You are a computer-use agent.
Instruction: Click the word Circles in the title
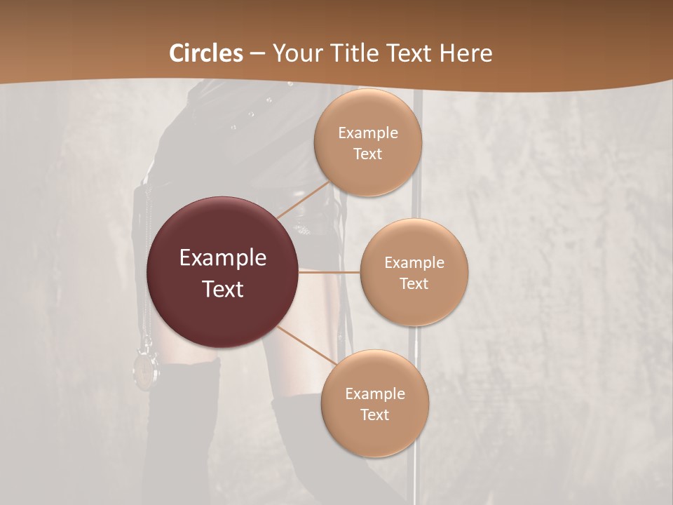tap(206, 53)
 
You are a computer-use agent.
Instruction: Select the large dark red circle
tap(223, 272)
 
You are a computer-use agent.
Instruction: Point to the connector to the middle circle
tap(329, 272)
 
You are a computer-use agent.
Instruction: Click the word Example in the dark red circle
tap(223, 258)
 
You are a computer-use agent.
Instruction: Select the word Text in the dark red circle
tap(223, 288)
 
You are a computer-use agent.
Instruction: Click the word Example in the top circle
tap(368, 133)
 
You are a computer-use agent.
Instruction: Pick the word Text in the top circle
tap(368, 154)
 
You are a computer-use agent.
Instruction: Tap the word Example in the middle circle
tap(414, 262)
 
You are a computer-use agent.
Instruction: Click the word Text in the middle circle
tap(414, 283)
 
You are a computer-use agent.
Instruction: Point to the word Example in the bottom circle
tap(374, 393)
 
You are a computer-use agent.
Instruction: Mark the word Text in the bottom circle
tap(374, 415)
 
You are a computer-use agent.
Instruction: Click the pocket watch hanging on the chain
tap(146, 367)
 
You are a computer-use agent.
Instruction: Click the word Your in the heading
tap(297, 53)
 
